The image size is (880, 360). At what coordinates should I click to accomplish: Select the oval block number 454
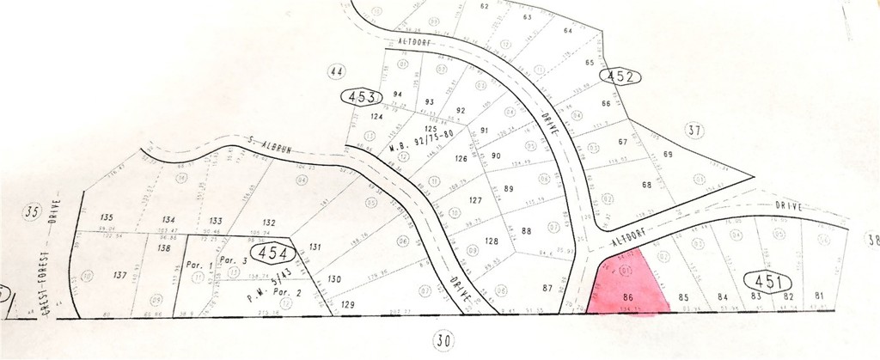(272, 253)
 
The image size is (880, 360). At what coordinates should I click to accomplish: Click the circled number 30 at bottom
(443, 341)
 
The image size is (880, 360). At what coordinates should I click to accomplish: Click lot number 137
(119, 276)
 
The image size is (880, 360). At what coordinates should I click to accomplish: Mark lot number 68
(648, 185)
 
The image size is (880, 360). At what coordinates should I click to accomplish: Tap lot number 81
(819, 296)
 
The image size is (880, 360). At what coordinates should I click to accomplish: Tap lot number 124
(376, 116)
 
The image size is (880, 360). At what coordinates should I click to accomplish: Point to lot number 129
(346, 305)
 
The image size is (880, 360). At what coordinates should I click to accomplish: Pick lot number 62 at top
(484, 6)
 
